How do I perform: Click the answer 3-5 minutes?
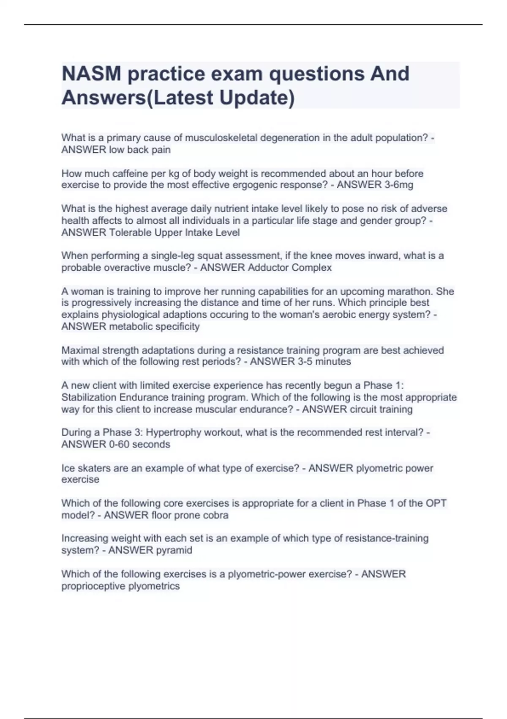(x=324, y=362)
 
